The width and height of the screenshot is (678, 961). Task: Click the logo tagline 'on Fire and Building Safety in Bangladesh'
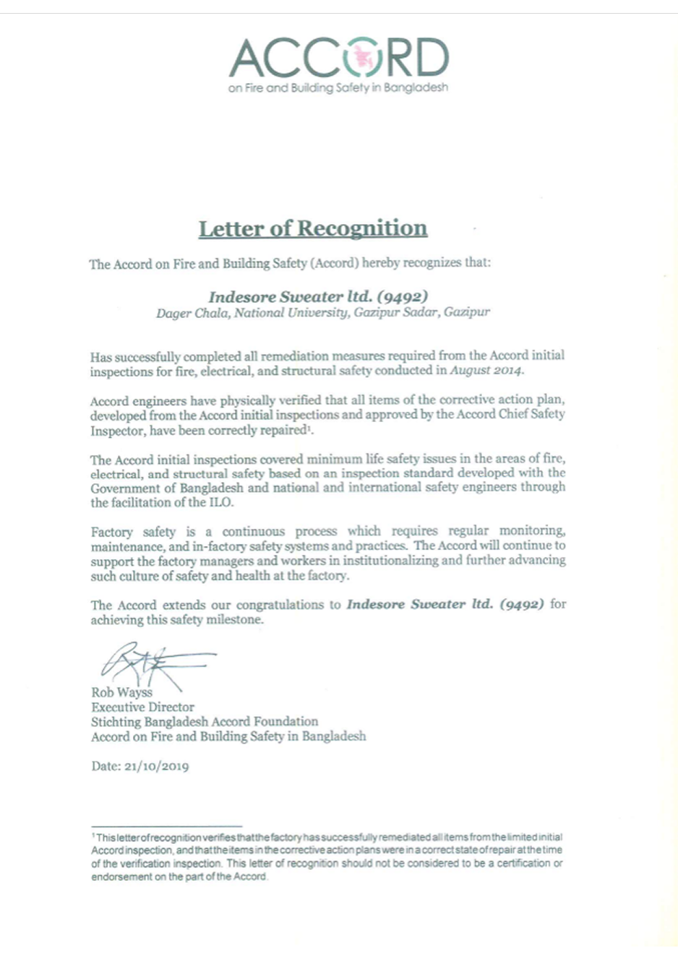tap(338, 88)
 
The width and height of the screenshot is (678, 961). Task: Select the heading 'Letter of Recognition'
tap(313, 228)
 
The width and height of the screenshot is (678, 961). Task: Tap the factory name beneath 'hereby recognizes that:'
tap(318, 296)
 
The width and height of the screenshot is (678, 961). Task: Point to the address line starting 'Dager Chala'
tap(322, 313)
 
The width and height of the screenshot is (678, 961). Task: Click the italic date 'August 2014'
tap(486, 371)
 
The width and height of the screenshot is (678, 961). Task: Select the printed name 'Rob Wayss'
tap(121, 692)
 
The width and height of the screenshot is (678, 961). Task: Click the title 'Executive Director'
tap(142, 707)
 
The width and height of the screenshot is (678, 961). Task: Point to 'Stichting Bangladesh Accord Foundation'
tap(205, 721)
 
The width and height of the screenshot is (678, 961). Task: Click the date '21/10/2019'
tap(156, 766)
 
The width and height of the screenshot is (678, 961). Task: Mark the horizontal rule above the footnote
tap(166, 826)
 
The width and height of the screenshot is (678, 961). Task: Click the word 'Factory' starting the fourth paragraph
tap(112, 532)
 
